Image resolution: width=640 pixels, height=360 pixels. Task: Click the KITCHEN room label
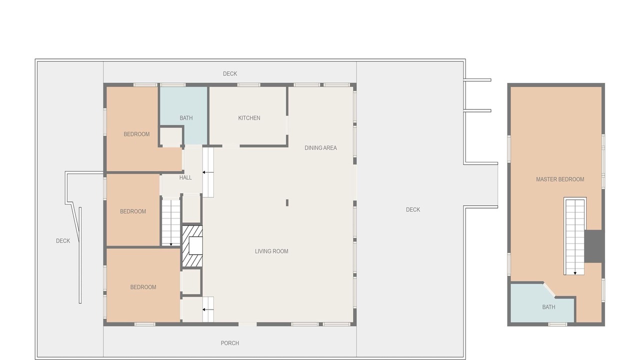point(249,118)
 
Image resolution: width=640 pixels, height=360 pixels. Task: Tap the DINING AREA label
point(320,148)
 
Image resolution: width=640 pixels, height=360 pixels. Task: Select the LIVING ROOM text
point(271,251)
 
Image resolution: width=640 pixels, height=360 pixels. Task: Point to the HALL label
point(185,177)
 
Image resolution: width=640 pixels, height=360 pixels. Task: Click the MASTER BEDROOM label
point(560,179)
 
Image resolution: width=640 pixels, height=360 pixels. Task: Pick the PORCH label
point(229,343)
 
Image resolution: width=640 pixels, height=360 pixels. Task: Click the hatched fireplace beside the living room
point(192,246)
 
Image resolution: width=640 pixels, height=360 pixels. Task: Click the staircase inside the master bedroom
point(575,236)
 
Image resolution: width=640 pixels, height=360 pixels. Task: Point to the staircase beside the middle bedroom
point(171,222)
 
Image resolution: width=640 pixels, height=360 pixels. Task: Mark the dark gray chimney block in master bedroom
point(594,246)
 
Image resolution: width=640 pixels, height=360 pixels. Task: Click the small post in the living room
point(287,203)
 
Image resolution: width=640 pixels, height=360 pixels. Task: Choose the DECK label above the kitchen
point(229,73)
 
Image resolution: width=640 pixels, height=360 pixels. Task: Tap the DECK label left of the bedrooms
point(63,241)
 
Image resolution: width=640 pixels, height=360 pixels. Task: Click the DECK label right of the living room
point(413,209)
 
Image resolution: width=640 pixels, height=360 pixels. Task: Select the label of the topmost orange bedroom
point(136,134)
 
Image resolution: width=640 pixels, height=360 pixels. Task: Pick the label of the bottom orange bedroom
point(143,287)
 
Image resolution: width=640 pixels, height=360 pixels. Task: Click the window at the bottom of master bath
point(557,324)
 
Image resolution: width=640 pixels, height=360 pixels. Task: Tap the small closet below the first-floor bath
point(171,137)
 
